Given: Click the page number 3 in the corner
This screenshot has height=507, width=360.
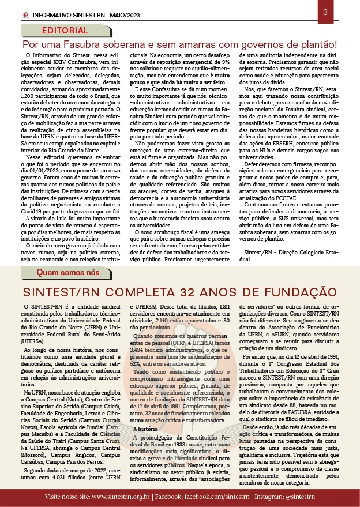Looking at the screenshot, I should (325, 12).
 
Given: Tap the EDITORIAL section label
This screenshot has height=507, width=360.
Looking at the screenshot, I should (65, 31).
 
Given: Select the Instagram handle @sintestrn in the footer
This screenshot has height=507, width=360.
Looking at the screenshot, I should (293, 496).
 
